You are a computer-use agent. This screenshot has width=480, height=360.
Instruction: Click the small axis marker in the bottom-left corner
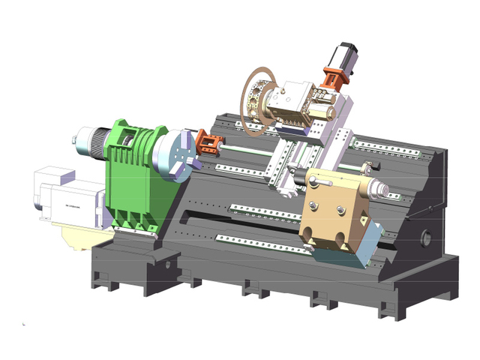point(25,324)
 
